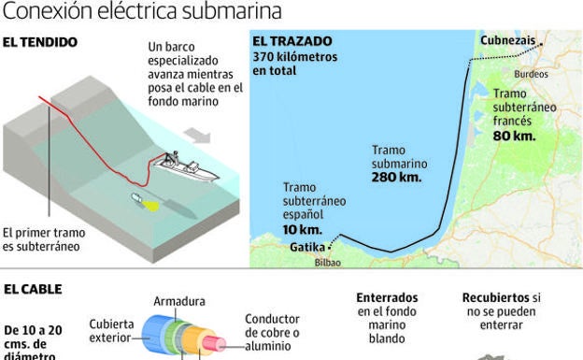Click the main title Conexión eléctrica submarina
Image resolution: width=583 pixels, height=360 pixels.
click(x=142, y=11)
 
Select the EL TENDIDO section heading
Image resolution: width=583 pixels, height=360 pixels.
click(x=39, y=42)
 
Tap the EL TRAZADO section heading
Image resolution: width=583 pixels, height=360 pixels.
click(x=292, y=42)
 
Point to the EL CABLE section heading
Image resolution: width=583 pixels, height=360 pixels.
click(x=33, y=289)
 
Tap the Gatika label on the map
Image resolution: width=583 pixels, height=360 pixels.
click(x=307, y=247)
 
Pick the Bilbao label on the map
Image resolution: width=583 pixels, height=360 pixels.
click(x=328, y=263)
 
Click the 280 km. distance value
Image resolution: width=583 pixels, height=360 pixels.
click(x=397, y=177)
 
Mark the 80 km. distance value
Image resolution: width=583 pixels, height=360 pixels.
click(x=514, y=136)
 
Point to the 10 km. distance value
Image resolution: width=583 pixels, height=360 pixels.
click(x=302, y=229)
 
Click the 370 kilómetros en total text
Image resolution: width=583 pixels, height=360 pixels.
click(x=293, y=63)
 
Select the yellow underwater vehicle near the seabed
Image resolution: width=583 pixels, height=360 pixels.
click(x=143, y=200)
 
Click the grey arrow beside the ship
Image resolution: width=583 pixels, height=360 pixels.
click(x=197, y=137)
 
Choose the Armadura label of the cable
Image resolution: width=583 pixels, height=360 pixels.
click(x=179, y=301)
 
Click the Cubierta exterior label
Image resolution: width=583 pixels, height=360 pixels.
click(x=111, y=329)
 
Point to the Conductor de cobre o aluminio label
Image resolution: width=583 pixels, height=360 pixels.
click(x=272, y=331)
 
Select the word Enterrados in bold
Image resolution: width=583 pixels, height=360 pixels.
click(x=387, y=297)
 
